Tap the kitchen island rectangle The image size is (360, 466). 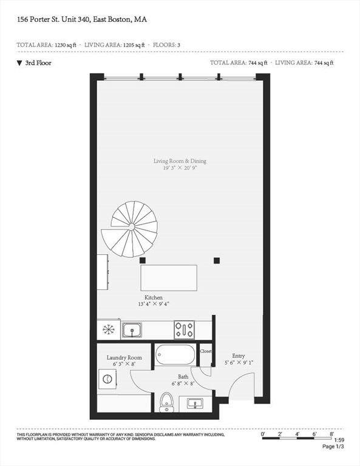(x=169, y=277)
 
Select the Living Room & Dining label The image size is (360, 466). (x=180, y=161)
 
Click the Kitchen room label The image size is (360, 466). (x=153, y=297)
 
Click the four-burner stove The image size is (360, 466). (x=184, y=329)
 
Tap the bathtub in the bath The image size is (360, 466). (x=175, y=354)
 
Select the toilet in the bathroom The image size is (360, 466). (x=166, y=402)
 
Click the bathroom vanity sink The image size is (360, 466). (x=195, y=403)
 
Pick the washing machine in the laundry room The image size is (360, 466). (x=107, y=379)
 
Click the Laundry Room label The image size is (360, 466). (x=124, y=357)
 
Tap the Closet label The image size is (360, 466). (x=206, y=351)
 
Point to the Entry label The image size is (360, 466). (x=239, y=356)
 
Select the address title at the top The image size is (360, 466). (x=81, y=19)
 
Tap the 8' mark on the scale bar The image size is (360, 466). (x=331, y=434)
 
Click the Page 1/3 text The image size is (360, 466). (x=333, y=447)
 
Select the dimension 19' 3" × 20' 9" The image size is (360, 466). (x=180, y=167)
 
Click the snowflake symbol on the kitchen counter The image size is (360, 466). (x=109, y=329)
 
